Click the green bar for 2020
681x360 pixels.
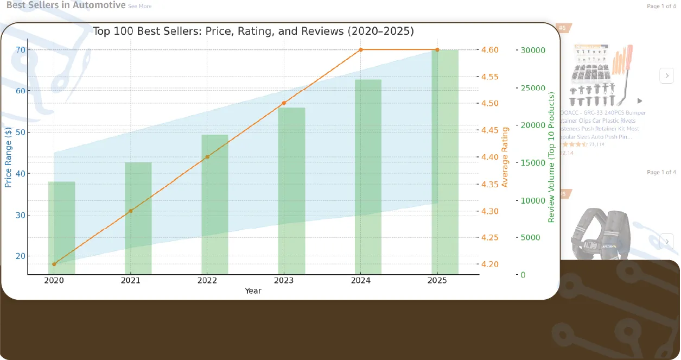pyautogui.click(x=61, y=228)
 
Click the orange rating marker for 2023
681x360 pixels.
pyautogui.click(x=284, y=103)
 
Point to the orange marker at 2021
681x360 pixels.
pyautogui.click(x=131, y=211)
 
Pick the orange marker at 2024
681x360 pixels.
pyautogui.click(x=361, y=49)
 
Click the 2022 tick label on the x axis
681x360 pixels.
pyautogui.click(x=207, y=280)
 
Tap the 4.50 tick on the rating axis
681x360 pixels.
pyautogui.click(x=490, y=103)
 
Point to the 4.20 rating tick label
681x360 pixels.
pyautogui.click(x=490, y=264)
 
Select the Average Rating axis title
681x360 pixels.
pyautogui.click(x=505, y=157)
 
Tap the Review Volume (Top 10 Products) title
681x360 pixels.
pyautogui.click(x=551, y=157)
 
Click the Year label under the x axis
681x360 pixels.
pyautogui.click(x=253, y=291)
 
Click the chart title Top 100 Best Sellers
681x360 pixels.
pyautogui.click(x=253, y=31)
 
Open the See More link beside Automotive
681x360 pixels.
pyautogui.click(x=140, y=7)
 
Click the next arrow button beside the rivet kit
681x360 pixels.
pyautogui.click(x=666, y=75)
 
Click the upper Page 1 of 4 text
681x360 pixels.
pyautogui.click(x=661, y=7)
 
